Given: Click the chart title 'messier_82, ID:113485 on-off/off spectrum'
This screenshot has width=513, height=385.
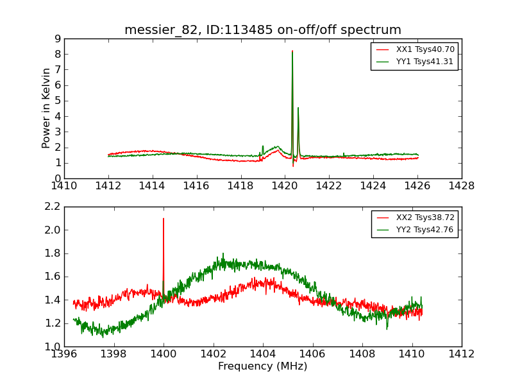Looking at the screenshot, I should point(263,30).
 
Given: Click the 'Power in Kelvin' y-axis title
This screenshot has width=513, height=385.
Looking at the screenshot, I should point(47,108).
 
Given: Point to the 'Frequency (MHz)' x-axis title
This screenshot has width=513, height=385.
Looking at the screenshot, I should point(263,366).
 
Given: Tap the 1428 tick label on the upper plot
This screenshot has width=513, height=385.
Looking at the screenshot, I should point(462,186).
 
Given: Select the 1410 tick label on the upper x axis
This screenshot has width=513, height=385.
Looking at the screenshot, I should point(64,186).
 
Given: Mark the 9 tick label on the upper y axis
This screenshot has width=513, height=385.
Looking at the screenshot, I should point(58,38).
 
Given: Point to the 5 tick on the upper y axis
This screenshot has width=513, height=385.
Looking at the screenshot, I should point(58,101).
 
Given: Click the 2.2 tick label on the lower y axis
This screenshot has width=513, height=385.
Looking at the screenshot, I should point(53,207).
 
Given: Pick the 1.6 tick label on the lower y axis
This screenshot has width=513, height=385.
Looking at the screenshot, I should point(53,277).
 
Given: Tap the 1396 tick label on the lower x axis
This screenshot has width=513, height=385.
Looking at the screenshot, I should point(64,354).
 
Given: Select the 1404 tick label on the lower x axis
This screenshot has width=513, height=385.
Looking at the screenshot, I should point(263,354).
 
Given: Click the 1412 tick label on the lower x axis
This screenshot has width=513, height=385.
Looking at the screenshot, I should point(462,354).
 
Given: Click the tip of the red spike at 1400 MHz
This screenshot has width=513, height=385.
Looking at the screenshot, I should point(164,218).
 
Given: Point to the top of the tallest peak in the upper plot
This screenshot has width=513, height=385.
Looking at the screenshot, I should point(292,51).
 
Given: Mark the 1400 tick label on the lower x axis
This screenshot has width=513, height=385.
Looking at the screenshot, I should point(164,354).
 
